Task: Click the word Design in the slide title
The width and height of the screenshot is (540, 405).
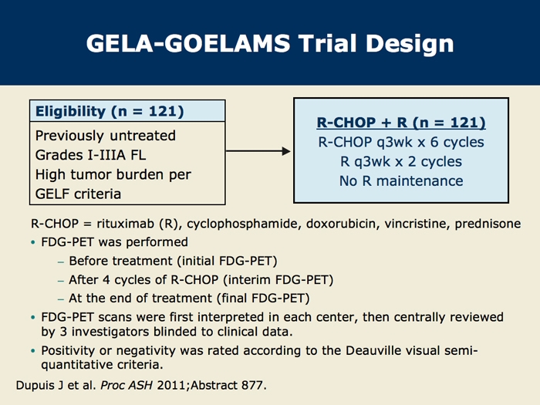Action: (x=410, y=44)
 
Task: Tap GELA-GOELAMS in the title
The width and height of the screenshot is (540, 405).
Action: (x=188, y=43)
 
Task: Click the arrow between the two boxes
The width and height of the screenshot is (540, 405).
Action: (x=258, y=151)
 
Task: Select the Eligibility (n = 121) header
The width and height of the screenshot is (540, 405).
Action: (x=110, y=112)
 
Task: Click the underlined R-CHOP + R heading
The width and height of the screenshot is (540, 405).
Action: (x=401, y=123)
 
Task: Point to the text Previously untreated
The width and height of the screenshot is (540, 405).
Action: (x=106, y=135)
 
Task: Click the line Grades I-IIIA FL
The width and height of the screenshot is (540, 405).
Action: (x=90, y=155)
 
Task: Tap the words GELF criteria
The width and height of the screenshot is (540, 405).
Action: (x=78, y=194)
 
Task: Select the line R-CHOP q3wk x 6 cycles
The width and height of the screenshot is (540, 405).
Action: (x=401, y=142)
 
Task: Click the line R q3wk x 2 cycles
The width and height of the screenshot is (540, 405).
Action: (x=401, y=161)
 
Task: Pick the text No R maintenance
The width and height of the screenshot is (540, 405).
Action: (x=401, y=181)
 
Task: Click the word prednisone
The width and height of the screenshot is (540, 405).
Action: (x=488, y=224)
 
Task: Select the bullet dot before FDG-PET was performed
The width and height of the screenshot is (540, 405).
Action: (x=33, y=242)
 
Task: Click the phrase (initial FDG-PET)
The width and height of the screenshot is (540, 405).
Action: (x=228, y=261)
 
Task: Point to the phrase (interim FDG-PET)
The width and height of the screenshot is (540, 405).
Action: (x=278, y=279)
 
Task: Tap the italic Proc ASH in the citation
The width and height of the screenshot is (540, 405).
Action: (x=127, y=385)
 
